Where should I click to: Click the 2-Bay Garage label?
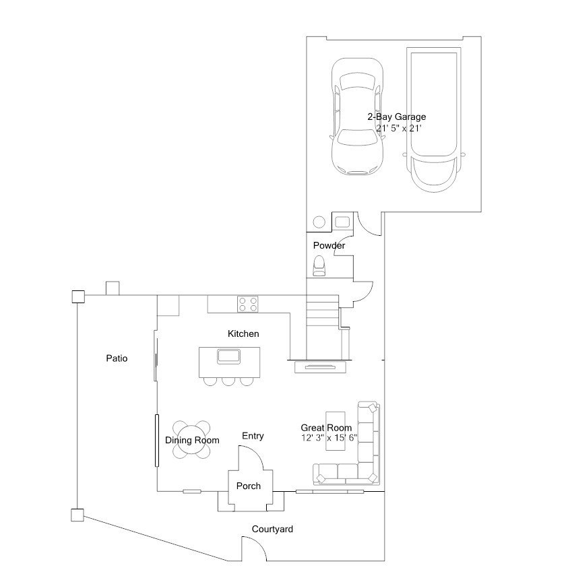(x=397, y=117)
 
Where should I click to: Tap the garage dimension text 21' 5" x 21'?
(x=399, y=129)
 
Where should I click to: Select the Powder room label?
(x=329, y=245)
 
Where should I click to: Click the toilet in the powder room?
(x=319, y=266)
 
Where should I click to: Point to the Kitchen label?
(x=243, y=333)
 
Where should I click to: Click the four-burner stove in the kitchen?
(x=248, y=305)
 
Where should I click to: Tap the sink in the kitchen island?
(x=228, y=356)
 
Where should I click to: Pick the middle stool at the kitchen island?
(x=228, y=381)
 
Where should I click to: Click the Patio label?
(x=117, y=358)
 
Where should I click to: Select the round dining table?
(x=191, y=439)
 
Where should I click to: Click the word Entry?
(x=253, y=436)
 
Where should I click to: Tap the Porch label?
(x=249, y=486)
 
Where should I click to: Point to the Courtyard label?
(x=272, y=530)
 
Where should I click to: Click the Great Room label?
(x=326, y=428)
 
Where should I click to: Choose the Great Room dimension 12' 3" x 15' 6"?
(x=329, y=438)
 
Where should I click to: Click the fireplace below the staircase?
(x=320, y=367)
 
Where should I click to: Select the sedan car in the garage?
(x=358, y=117)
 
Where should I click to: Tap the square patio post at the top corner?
(x=78, y=297)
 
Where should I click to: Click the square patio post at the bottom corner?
(x=77, y=515)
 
